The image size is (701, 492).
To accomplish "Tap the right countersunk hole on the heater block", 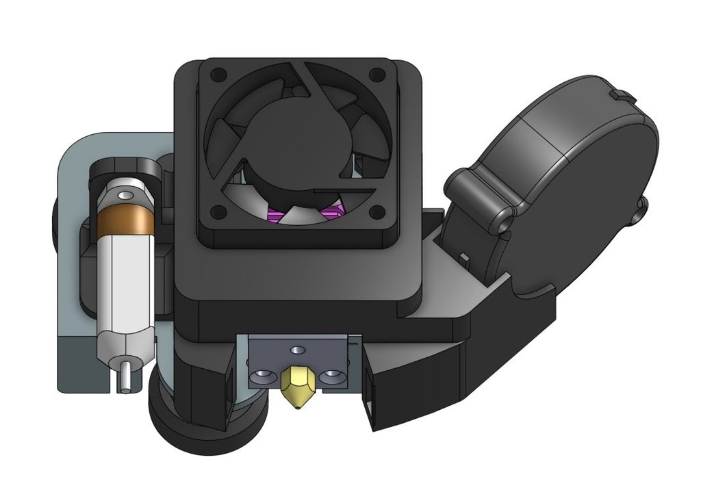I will (x=333, y=376).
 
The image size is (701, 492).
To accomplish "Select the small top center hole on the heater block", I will (x=296, y=350).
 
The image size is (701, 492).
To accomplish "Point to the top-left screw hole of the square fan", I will (x=217, y=73).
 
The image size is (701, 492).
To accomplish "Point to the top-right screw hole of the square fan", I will (x=375, y=73).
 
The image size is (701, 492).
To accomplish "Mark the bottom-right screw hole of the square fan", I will (x=375, y=211).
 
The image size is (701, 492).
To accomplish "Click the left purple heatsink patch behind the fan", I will (x=276, y=216).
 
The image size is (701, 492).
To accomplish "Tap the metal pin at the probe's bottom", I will (x=125, y=377).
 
